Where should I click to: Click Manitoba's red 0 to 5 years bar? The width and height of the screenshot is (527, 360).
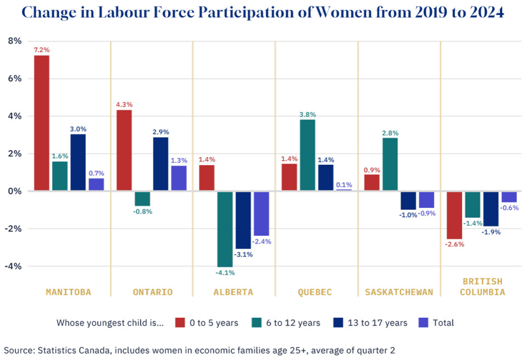click(x=42, y=123)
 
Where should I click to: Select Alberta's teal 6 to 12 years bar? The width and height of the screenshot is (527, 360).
click(x=225, y=229)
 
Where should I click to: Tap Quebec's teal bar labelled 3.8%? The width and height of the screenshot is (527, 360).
click(x=307, y=155)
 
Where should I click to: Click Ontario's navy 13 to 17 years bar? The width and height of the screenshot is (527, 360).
click(x=161, y=164)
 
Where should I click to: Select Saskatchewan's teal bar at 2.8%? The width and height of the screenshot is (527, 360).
click(x=390, y=164)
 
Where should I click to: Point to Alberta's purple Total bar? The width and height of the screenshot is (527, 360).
click(x=261, y=213)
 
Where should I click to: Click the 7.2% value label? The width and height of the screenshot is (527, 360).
click(x=42, y=50)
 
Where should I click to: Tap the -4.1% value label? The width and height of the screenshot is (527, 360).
click(x=225, y=272)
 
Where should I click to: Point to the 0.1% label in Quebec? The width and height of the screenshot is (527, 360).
click(x=344, y=185)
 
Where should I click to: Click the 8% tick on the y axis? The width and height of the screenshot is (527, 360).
click(x=14, y=41)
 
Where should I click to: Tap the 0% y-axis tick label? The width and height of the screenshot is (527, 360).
click(x=14, y=191)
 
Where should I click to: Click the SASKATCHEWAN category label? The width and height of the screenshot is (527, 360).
click(x=399, y=292)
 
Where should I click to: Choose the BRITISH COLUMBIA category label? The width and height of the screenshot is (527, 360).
click(x=482, y=286)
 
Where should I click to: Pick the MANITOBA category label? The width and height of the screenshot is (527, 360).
click(x=69, y=292)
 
